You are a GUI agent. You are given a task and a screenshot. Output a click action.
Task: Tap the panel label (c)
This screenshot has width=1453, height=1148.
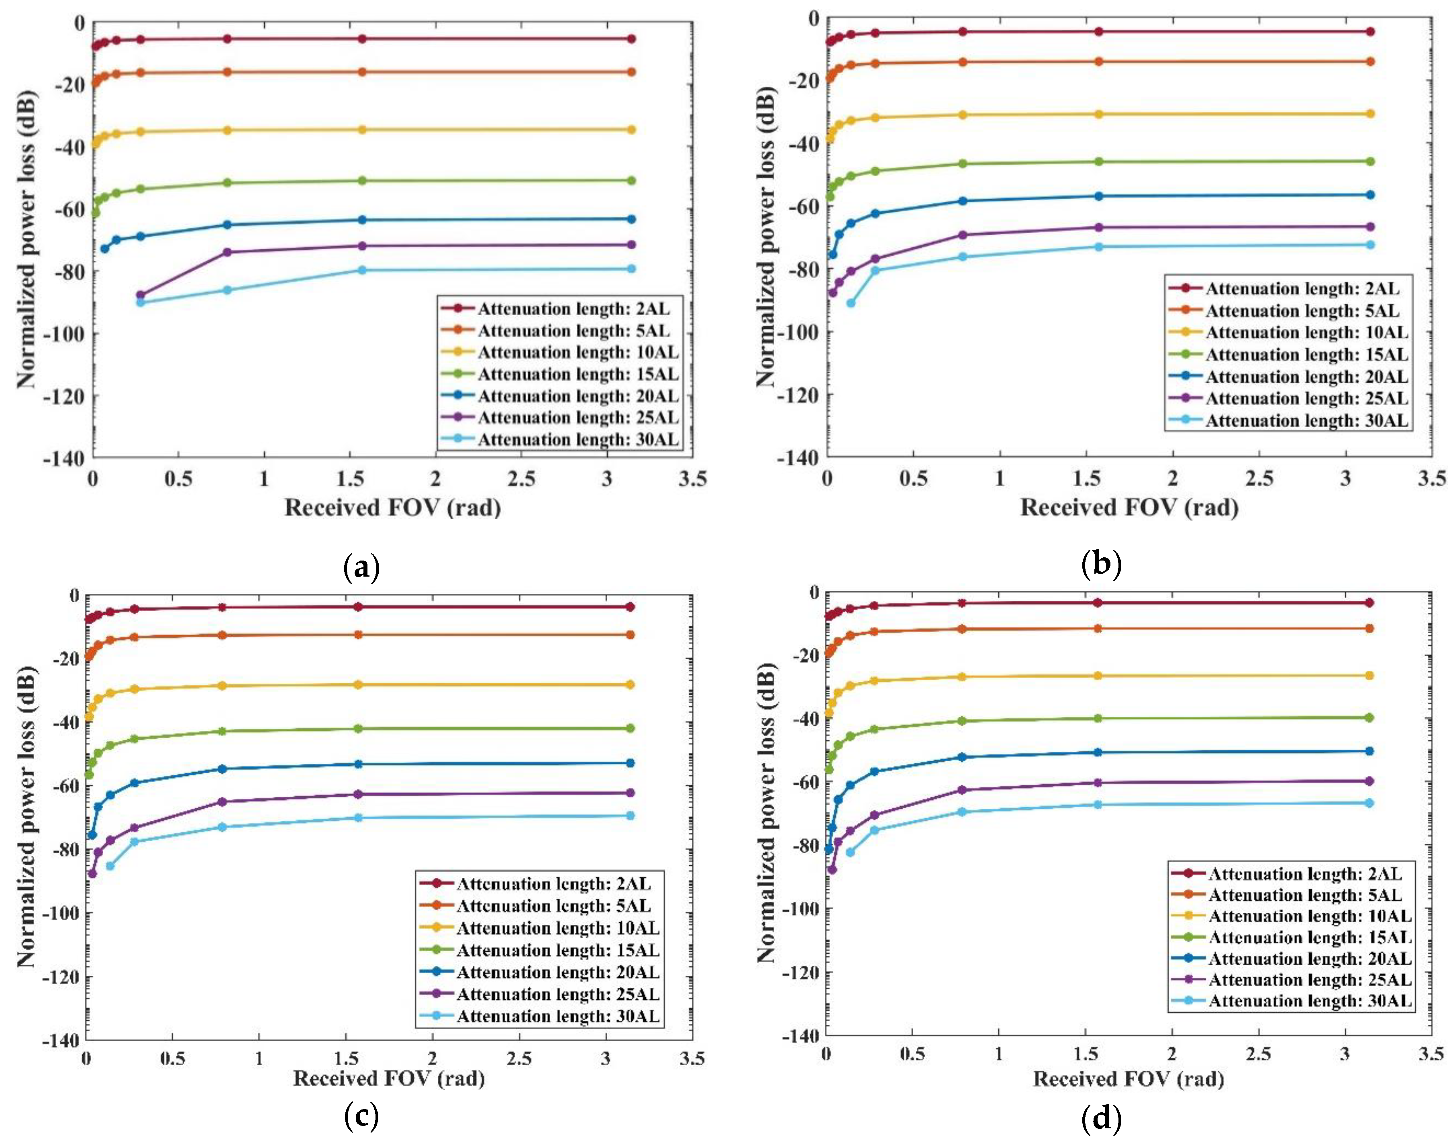click(x=361, y=1116)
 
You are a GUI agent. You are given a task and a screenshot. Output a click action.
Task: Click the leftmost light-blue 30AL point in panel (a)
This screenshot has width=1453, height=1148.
click(x=141, y=302)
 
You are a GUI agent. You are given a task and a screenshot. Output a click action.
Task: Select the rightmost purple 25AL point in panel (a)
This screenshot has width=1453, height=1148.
click(x=631, y=245)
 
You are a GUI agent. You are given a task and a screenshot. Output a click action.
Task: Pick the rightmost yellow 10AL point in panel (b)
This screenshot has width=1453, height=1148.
click(x=1370, y=114)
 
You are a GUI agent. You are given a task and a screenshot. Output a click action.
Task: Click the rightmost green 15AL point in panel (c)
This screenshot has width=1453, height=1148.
click(x=630, y=728)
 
